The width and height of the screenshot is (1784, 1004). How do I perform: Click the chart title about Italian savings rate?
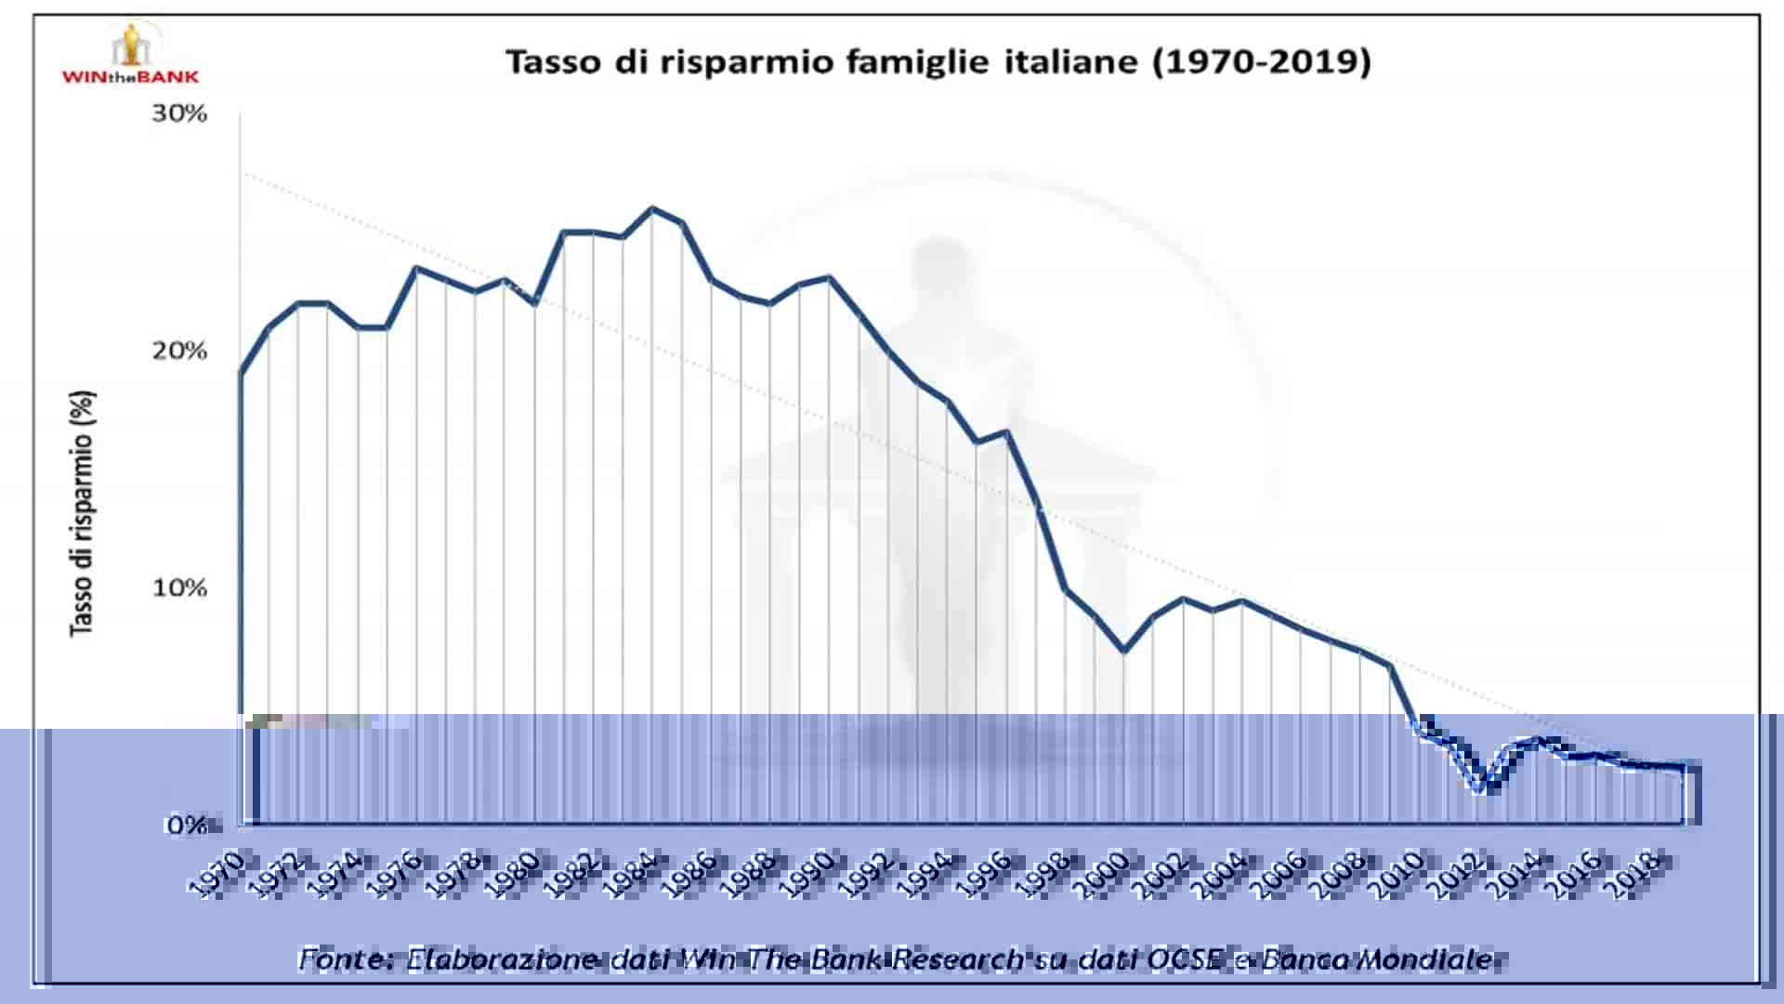938,61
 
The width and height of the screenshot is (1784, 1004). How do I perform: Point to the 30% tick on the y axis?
179,113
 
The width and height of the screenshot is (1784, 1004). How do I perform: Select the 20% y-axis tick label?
179,350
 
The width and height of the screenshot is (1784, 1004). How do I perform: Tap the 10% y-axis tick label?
179,588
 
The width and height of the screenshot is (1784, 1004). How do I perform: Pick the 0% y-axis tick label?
187,825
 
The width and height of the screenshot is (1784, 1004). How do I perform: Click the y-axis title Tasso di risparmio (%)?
83,513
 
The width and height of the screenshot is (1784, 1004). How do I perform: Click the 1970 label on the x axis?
216,875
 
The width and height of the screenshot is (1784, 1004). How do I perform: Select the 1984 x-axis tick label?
630,875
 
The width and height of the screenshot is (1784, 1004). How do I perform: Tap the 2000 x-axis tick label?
1102,875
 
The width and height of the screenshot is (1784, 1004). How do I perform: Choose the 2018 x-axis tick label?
1633,875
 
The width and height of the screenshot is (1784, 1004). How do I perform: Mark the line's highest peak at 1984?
652,208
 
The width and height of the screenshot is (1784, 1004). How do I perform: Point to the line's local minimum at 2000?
1124,651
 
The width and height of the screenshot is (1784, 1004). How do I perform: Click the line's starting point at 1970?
241,374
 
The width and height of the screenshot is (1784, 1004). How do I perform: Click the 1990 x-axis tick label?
807,875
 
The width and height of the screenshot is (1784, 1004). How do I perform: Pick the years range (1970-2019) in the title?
1261,61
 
